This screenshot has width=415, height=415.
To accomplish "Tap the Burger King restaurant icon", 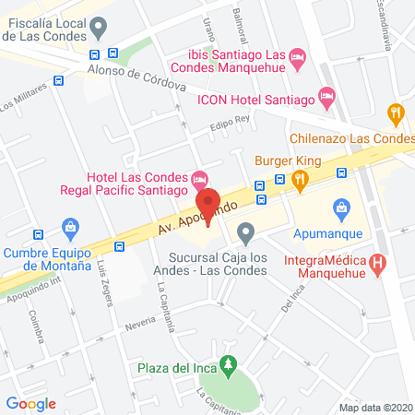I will pyautogui.click(x=299, y=181).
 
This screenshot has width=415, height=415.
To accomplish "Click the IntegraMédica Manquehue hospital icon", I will pyautogui.click(x=376, y=263).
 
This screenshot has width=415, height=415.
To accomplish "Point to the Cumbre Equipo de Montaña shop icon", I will pyautogui.click(x=69, y=227).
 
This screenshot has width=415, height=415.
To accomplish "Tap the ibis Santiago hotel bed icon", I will pyautogui.click(x=297, y=58).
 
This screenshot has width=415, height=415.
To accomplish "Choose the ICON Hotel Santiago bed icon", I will pyautogui.click(x=326, y=95).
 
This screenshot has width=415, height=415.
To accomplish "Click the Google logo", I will pyautogui.click(x=31, y=403).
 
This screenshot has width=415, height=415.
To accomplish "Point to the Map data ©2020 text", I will pyautogui.click(x=375, y=407).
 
